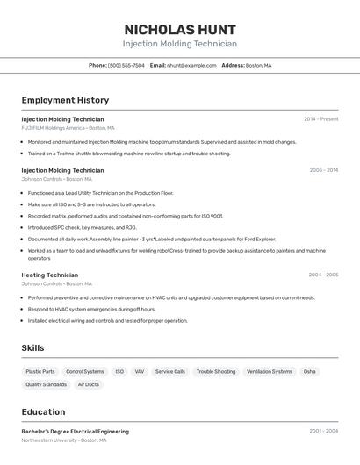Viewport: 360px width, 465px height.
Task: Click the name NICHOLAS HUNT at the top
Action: [179, 29]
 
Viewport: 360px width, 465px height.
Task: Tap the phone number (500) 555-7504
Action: [126, 65]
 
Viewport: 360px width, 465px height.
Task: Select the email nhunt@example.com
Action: [191, 65]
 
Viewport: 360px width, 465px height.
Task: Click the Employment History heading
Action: [65, 100]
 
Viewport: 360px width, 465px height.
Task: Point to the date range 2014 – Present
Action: [320, 119]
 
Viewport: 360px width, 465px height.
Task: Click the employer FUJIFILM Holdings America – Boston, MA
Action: [68, 128]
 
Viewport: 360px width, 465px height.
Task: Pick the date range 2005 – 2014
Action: [323, 170]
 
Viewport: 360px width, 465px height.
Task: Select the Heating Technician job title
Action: [50, 275]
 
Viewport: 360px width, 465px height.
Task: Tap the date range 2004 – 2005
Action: [323, 275]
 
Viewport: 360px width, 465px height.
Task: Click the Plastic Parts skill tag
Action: [40, 371]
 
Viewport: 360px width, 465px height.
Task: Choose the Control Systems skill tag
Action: [85, 371]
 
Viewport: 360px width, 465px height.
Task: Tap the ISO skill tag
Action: [119, 371]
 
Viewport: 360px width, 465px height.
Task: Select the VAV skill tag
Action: [140, 371]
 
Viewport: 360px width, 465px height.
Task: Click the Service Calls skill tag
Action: [170, 371]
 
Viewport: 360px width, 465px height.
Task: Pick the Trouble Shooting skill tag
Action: [215, 371]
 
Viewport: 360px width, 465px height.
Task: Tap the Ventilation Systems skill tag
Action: [270, 371]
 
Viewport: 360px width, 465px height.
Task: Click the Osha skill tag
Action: [310, 371]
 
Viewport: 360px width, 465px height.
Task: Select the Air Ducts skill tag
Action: [89, 384]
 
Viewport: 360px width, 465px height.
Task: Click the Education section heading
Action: [43, 411]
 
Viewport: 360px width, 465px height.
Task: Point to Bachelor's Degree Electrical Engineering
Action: [76, 432]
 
